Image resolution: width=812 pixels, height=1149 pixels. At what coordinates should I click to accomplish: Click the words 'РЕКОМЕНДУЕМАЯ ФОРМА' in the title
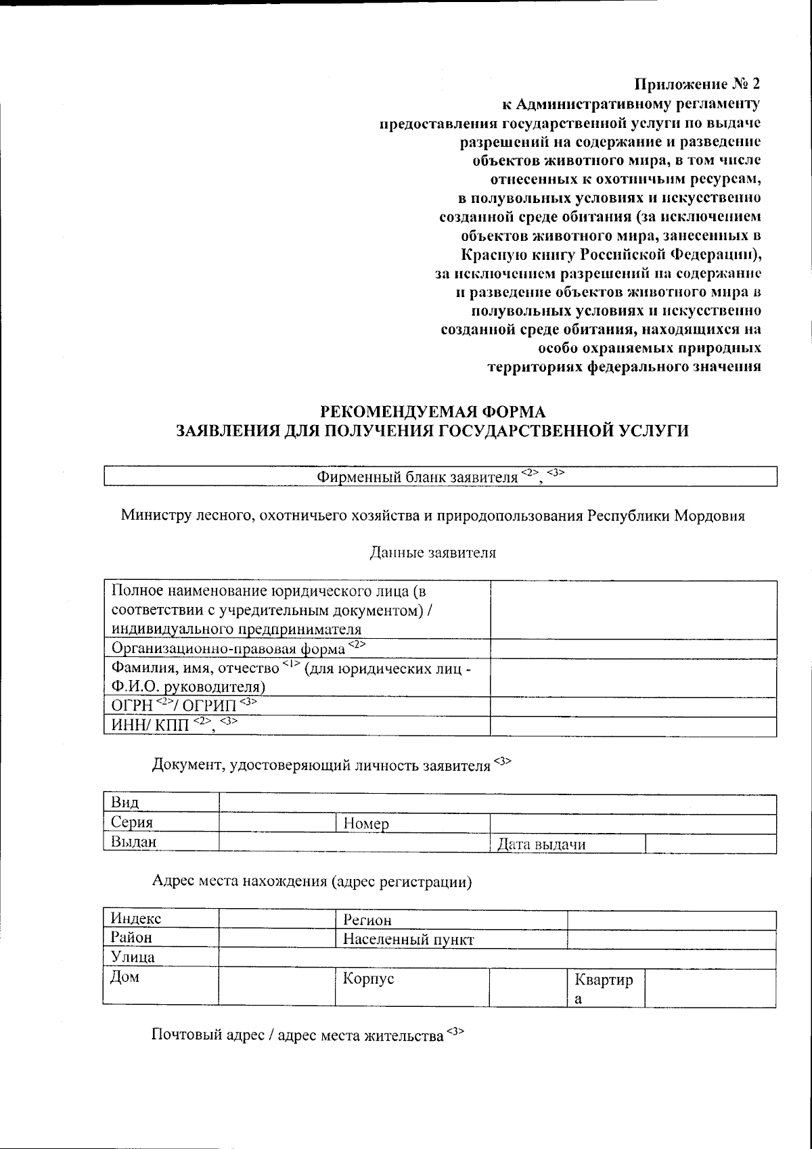pos(432,411)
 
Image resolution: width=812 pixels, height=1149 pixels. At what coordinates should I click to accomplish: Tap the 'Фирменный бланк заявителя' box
pos(440,476)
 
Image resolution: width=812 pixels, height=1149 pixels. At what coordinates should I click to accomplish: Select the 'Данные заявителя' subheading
pos(432,553)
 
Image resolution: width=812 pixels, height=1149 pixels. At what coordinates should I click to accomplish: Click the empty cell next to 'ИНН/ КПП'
pos(633,727)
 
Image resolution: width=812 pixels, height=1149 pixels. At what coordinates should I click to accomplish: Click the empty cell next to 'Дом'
pos(277,986)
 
